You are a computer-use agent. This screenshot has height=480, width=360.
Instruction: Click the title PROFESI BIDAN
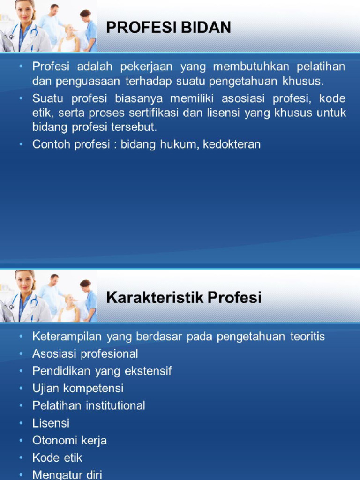pyautogui.click(x=168, y=28)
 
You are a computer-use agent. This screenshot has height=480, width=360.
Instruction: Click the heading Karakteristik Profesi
pyautogui.click(x=184, y=297)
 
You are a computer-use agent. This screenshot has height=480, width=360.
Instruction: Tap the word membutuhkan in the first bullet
pyautogui.click(x=251, y=67)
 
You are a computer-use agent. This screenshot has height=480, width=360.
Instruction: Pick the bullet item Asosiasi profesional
pyautogui.click(x=85, y=354)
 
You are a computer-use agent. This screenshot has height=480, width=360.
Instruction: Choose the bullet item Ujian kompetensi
pyautogui.click(x=78, y=389)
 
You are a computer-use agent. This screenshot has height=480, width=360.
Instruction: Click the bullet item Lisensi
pyautogui.click(x=51, y=423)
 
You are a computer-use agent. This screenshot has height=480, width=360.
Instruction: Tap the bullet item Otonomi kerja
pyautogui.click(x=69, y=441)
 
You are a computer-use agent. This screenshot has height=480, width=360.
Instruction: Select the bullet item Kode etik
pyautogui.click(x=57, y=458)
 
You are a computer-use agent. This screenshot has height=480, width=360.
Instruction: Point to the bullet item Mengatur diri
pyautogui.click(x=67, y=474)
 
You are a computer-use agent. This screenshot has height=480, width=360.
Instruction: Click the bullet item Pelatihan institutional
pyautogui.click(x=89, y=406)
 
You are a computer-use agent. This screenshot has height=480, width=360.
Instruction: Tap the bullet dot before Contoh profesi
pyautogui.click(x=21, y=144)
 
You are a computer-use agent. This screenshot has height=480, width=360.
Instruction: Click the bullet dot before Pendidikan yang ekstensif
pyautogui.click(x=21, y=371)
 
